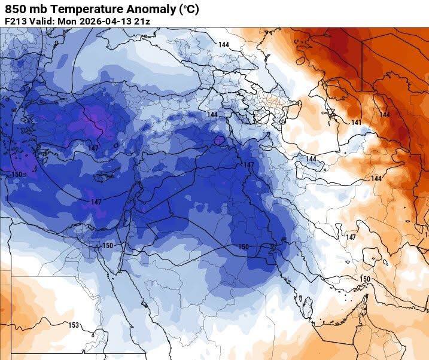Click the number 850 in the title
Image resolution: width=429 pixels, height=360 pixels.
16,9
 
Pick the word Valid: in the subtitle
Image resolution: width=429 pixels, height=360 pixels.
41,22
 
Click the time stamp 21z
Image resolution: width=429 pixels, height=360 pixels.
141,22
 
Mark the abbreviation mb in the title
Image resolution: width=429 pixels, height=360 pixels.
38,9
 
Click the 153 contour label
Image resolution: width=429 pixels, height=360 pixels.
73,325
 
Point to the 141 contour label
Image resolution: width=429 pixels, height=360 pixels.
357,123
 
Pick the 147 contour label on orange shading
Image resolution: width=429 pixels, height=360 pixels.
351,237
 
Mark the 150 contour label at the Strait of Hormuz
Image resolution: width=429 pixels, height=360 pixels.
365,279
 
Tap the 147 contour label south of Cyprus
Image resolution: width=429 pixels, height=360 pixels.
96,202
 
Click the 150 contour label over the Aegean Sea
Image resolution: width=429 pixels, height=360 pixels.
17,174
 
